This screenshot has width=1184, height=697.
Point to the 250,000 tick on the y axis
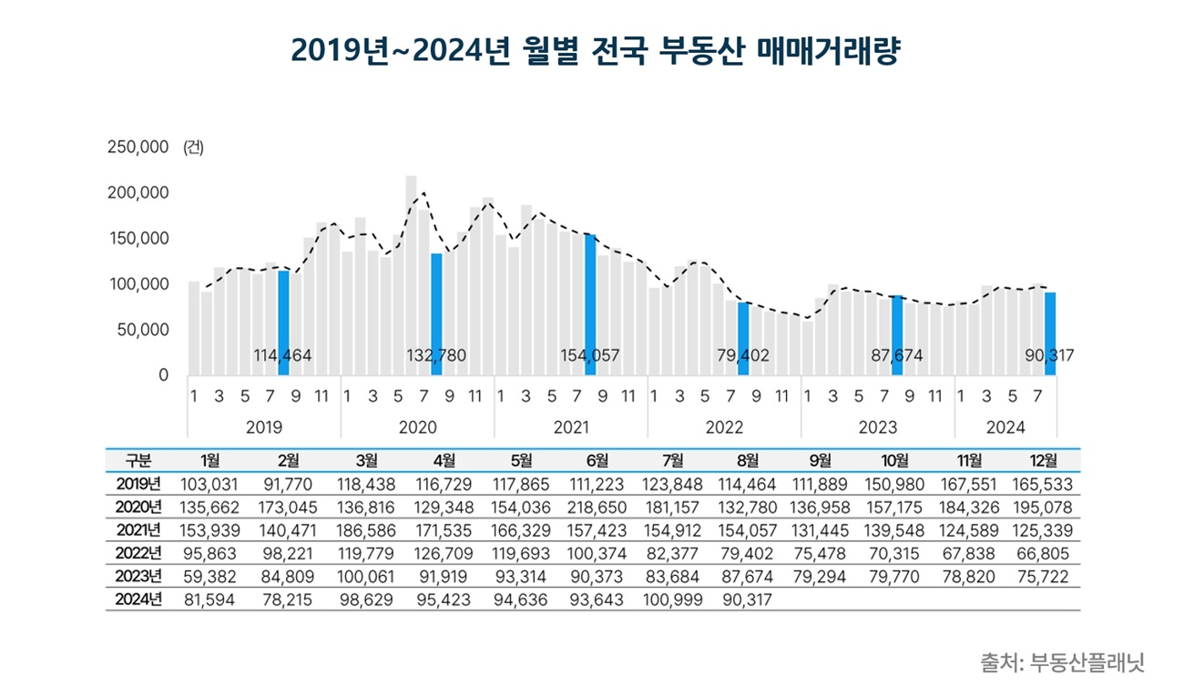pos(138,148)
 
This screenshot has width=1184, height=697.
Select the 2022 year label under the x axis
pos(724,427)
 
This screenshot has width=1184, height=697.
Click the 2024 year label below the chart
pos(1005,427)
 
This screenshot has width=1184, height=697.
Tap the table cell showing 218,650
pos(593,507)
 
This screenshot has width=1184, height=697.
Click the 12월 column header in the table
pos(1044,460)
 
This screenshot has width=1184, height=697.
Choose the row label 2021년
pos(139,529)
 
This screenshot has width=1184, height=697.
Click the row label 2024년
pos(139,599)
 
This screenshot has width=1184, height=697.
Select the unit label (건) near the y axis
pos(193,148)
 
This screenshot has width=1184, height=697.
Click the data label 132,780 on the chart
pos(436,356)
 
